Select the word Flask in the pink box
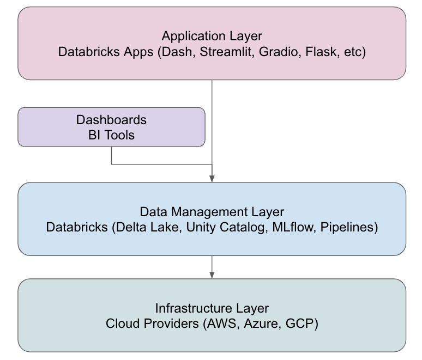click(x=319, y=53)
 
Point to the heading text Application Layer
click(x=212, y=36)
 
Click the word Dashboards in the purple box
click(x=111, y=120)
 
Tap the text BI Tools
click(x=111, y=135)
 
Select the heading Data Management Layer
click(x=212, y=212)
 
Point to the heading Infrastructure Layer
click(x=212, y=308)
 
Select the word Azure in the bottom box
click(x=256, y=324)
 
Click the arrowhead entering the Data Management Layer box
click(x=212, y=179)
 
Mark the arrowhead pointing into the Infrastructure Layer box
click(x=212, y=274)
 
